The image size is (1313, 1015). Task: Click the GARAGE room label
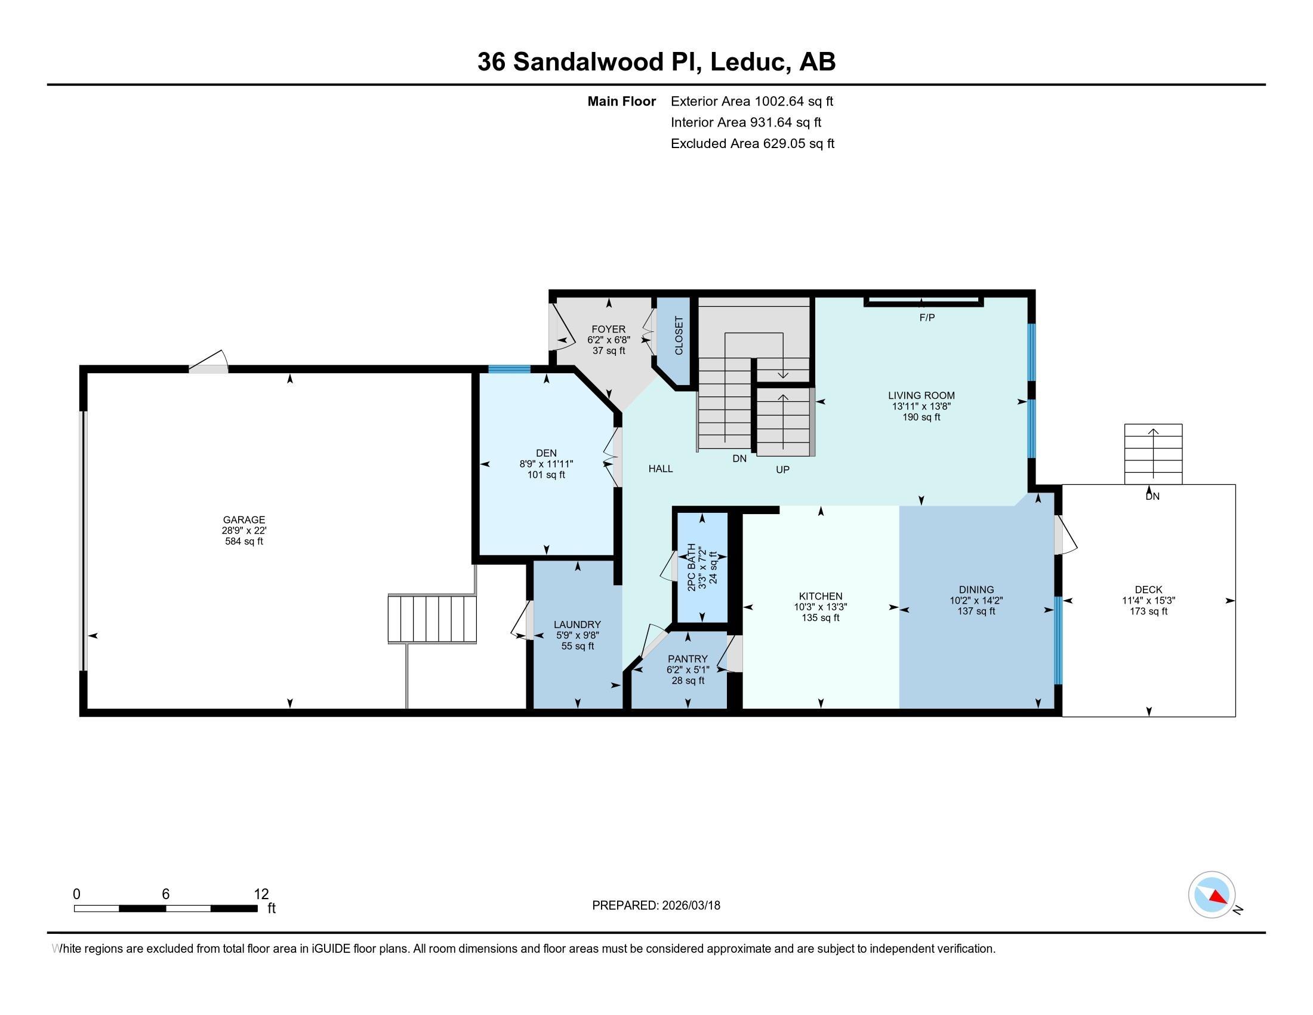(244, 519)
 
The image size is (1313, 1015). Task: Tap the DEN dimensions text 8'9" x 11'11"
(546, 463)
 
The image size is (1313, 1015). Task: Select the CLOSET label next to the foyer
(679, 336)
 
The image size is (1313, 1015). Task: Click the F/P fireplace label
(926, 318)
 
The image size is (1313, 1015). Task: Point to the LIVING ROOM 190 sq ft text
(921, 417)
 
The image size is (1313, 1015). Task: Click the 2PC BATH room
(701, 568)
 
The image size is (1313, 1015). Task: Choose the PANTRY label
(687, 659)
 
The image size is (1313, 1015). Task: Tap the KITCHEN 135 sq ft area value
(820, 617)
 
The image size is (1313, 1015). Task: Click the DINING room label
(976, 589)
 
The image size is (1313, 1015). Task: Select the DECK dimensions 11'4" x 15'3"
(1148, 600)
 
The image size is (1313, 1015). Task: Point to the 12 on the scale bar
(261, 894)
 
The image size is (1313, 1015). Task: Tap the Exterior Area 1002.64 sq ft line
(751, 101)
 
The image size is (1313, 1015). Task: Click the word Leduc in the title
(749, 62)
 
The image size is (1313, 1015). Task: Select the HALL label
(660, 469)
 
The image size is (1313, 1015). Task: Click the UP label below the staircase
(782, 470)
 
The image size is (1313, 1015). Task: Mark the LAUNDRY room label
(577, 624)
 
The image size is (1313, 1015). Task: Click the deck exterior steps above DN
(1152, 453)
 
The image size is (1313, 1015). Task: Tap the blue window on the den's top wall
(508, 369)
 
